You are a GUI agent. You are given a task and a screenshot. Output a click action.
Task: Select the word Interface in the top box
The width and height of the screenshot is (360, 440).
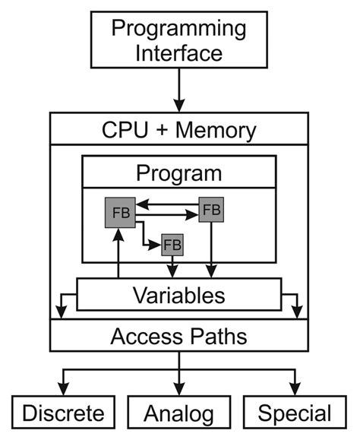click(179, 53)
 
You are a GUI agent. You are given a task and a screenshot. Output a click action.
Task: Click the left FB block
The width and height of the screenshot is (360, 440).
click(118, 212)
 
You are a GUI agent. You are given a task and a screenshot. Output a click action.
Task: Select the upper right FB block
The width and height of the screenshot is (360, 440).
click(212, 208)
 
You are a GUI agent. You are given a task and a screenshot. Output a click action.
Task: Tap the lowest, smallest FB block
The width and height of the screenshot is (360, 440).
click(172, 245)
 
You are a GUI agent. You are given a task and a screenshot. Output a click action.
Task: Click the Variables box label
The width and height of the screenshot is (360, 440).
click(179, 295)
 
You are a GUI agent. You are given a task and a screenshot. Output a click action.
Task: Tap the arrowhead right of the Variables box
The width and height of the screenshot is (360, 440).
click(299, 312)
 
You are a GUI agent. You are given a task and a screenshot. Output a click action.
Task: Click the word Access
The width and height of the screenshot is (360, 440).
click(144, 335)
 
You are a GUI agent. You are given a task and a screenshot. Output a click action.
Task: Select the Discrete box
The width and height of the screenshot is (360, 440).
click(63, 413)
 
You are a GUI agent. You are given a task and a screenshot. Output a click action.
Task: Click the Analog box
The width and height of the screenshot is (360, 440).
click(180, 413)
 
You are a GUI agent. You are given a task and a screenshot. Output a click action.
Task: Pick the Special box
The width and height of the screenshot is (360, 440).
click(295, 413)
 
